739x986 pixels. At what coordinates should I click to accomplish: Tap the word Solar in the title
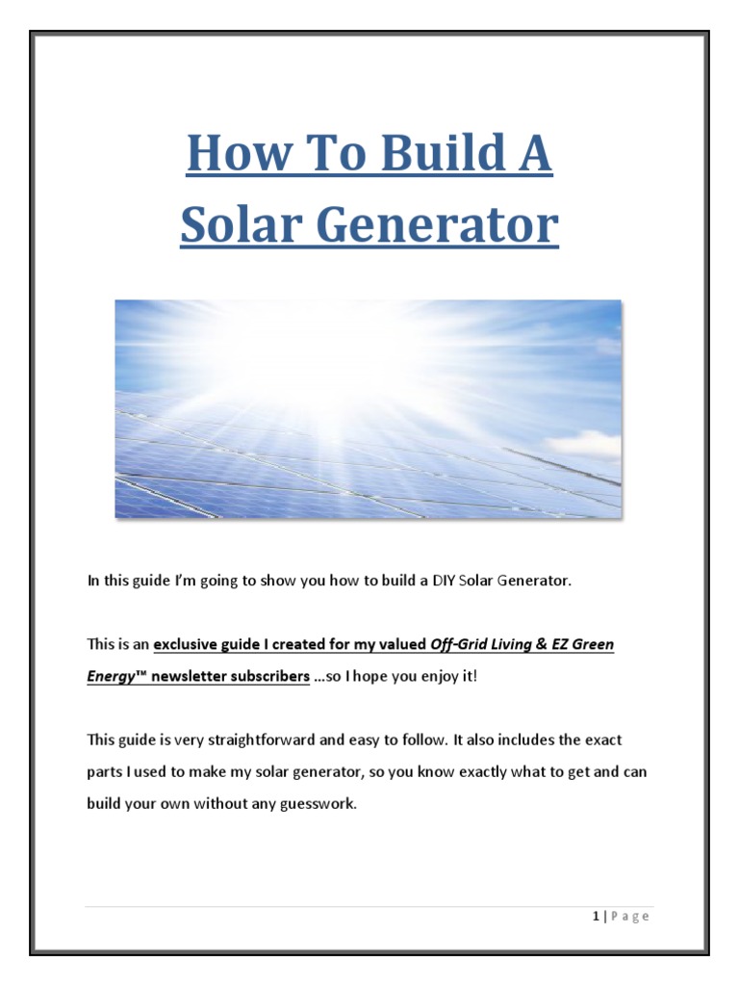[x=233, y=225]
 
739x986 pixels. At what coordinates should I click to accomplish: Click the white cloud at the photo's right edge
[x=586, y=443]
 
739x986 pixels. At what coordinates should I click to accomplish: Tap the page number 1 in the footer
[x=597, y=916]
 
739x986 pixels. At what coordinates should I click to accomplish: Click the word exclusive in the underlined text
[x=186, y=644]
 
